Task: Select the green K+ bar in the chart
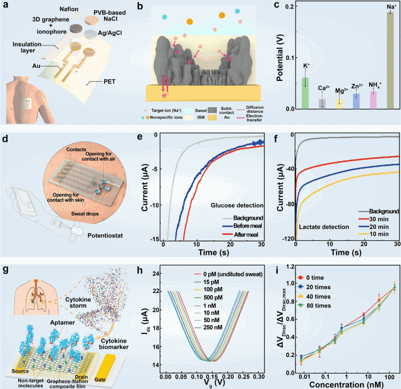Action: pos(305,93)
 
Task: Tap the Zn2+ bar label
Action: pos(356,86)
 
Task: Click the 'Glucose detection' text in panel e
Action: pos(237,205)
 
